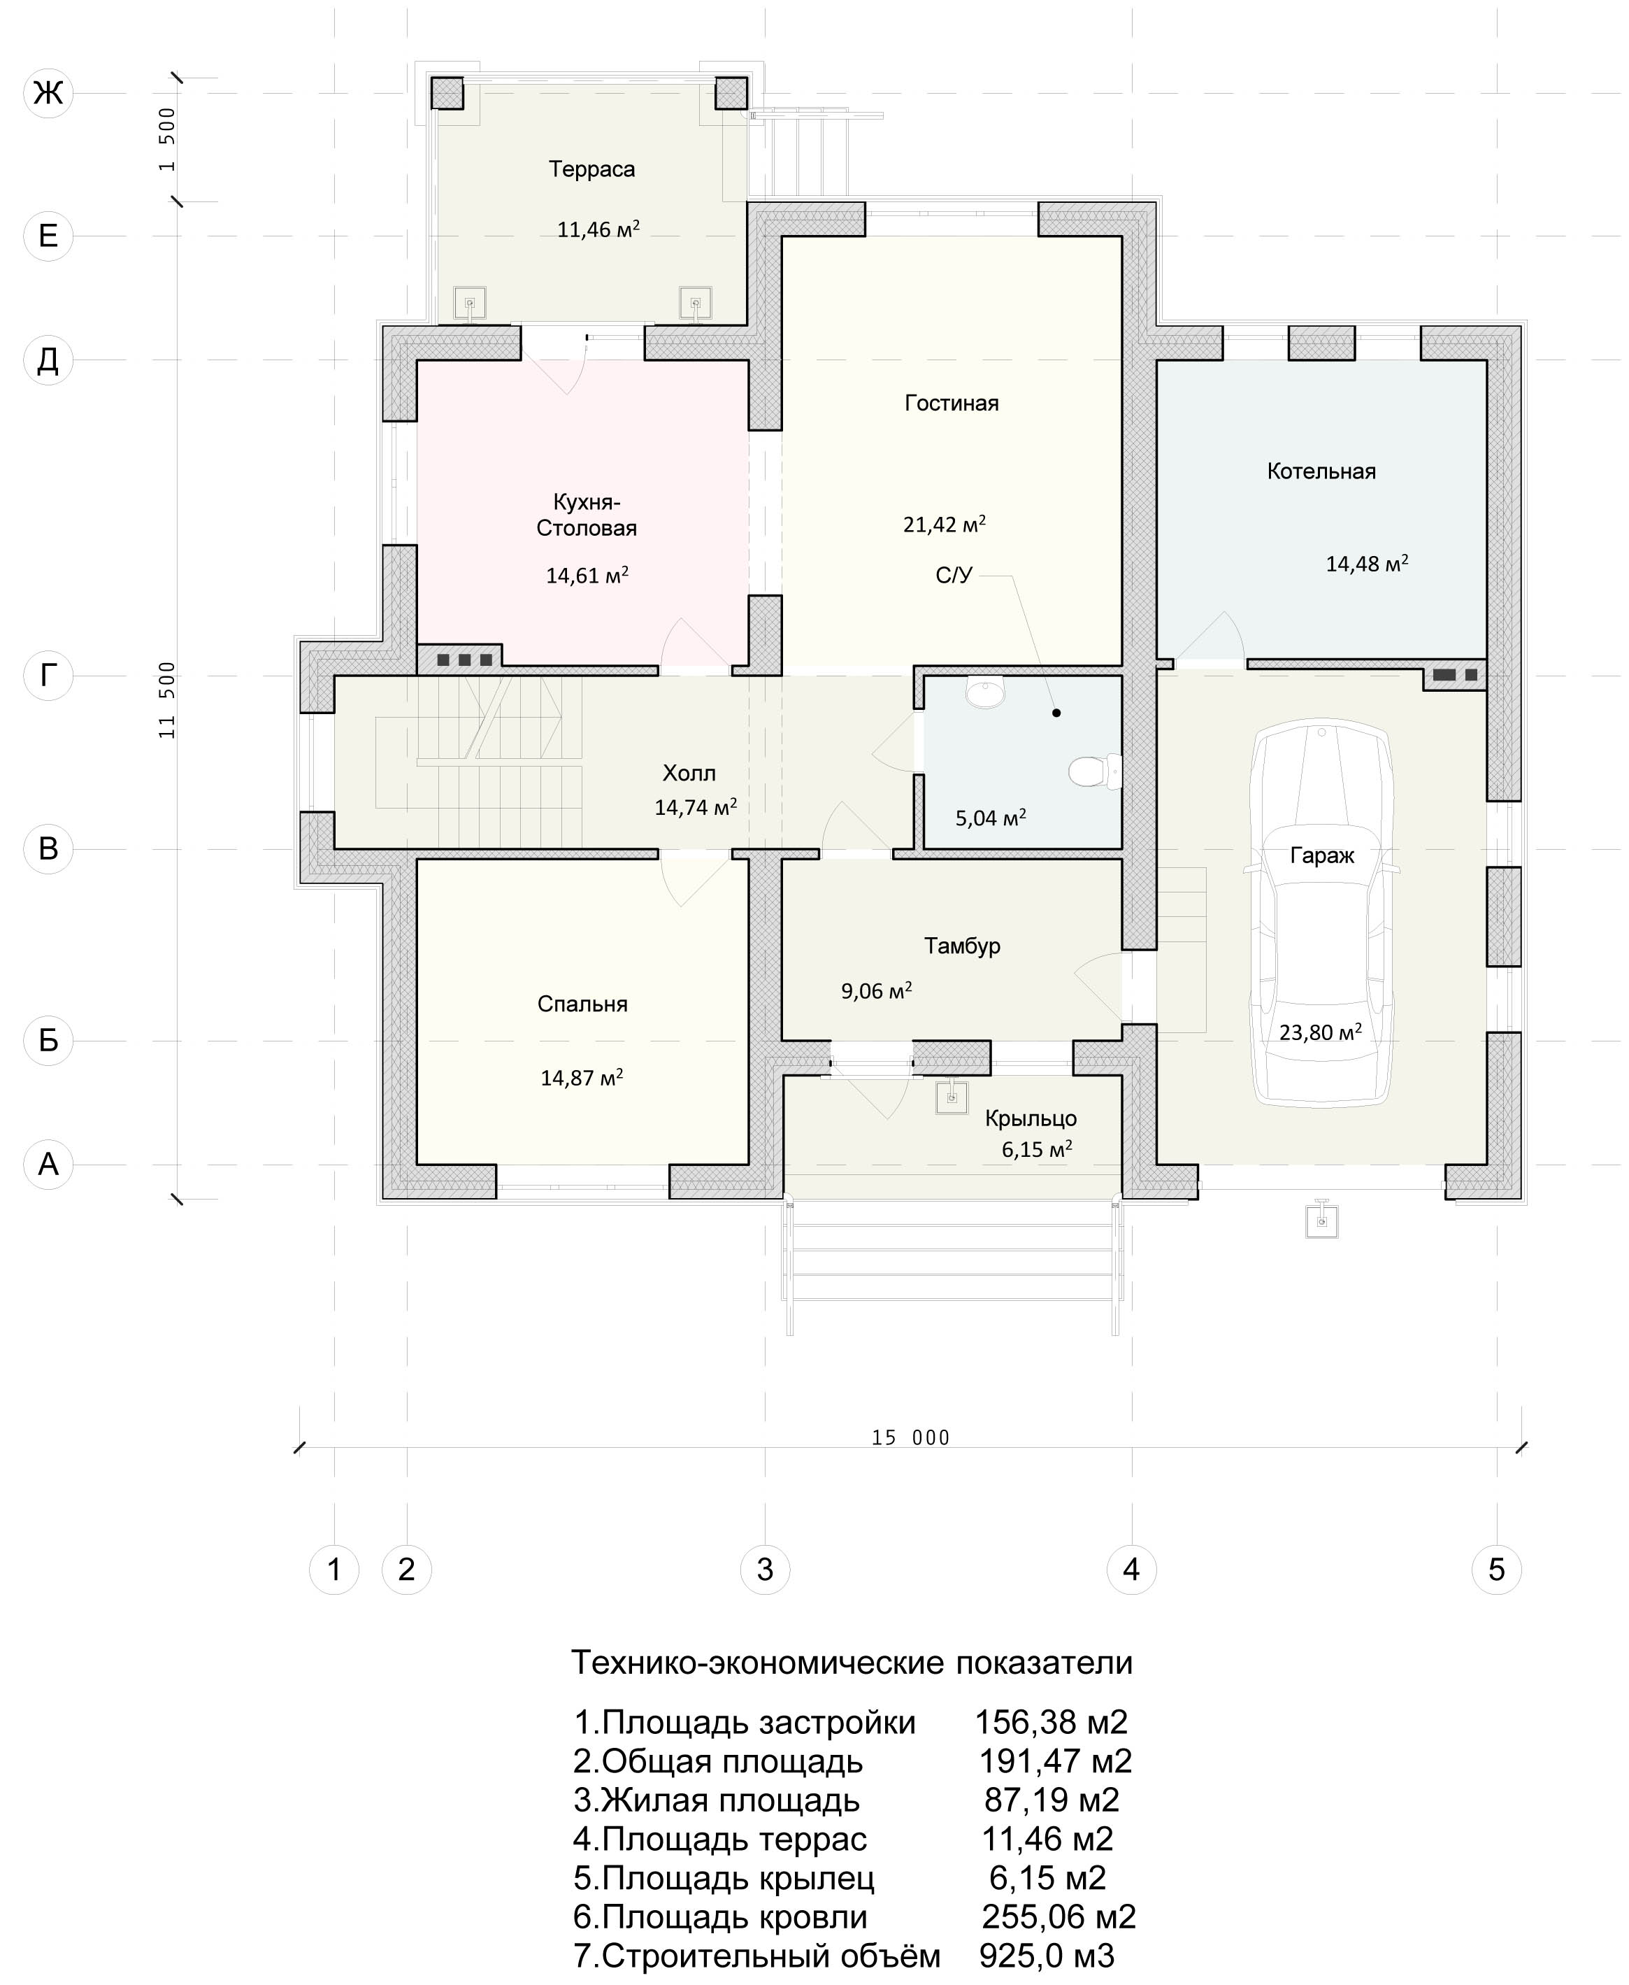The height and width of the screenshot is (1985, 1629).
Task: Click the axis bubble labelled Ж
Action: tap(48, 93)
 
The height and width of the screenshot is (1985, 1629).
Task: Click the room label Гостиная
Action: tap(952, 403)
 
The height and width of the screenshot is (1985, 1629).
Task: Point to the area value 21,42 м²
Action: tap(944, 524)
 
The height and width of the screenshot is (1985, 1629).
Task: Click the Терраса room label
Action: tap(592, 169)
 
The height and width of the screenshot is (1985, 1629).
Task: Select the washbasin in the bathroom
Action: tap(984, 692)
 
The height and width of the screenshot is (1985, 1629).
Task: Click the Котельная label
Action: tap(1321, 471)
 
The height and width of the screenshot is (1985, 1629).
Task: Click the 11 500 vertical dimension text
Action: tap(167, 700)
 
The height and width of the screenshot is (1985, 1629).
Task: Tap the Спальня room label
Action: tap(582, 1004)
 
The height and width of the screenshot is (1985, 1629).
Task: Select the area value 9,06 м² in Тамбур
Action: tap(877, 990)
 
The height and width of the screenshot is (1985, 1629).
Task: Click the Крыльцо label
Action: tap(1031, 1118)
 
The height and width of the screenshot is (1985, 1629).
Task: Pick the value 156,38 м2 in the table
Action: tap(1051, 1722)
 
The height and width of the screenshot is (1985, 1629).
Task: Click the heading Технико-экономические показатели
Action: tap(852, 1662)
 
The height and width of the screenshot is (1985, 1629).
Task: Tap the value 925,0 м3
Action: tap(1047, 1955)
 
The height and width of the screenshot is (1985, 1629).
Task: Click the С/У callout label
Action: tap(954, 576)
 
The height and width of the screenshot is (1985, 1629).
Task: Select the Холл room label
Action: tap(689, 774)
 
